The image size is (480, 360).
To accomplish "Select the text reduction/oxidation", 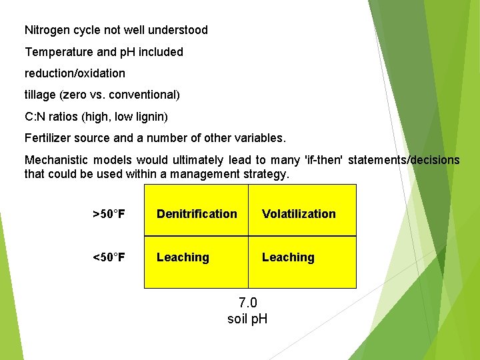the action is pyautogui.click(x=75, y=73).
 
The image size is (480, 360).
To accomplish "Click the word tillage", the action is pyautogui.click(x=40, y=95).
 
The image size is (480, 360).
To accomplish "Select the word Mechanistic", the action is pyautogui.click(x=55, y=160).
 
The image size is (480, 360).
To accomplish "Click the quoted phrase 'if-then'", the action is pyautogui.click(x=323, y=160).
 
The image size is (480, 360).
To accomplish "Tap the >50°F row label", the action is pyautogui.click(x=108, y=214).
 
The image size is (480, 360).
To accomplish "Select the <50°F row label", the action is pyautogui.click(x=108, y=257).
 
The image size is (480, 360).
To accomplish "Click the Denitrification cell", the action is pyautogui.click(x=197, y=214).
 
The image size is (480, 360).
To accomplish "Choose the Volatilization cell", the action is pyautogui.click(x=299, y=214).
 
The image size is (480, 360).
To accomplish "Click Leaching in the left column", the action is pyautogui.click(x=183, y=257).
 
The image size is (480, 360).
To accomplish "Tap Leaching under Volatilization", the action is pyautogui.click(x=288, y=257).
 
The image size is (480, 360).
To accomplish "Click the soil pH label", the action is pyautogui.click(x=247, y=319).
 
